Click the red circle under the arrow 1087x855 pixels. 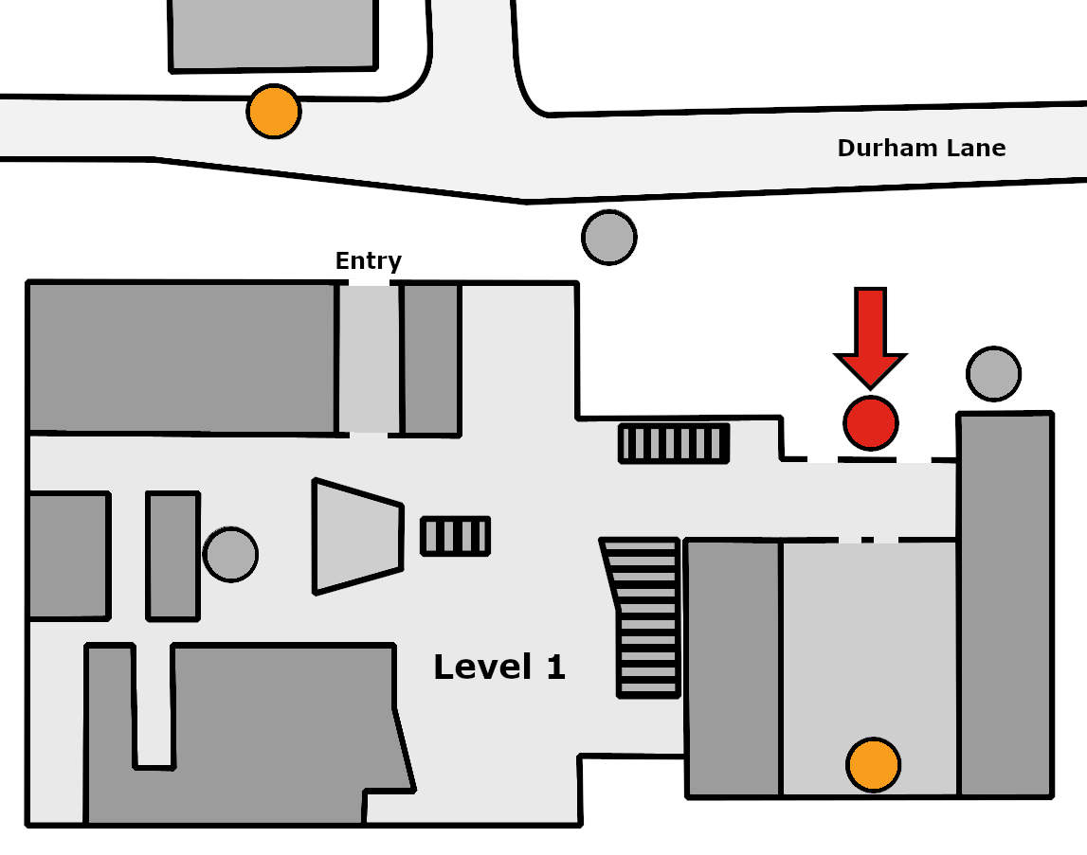click(871, 422)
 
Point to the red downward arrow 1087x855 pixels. click(870, 337)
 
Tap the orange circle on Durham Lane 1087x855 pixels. click(274, 112)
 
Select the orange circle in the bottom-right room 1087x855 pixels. click(874, 765)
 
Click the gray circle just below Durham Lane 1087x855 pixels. click(609, 237)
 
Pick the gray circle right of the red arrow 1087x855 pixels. click(993, 373)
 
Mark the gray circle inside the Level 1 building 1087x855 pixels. click(231, 554)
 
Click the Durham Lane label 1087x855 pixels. click(921, 148)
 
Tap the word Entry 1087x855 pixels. click(368, 261)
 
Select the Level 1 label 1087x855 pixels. click(499, 668)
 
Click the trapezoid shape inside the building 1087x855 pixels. click(357, 536)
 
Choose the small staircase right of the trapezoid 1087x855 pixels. click(456, 536)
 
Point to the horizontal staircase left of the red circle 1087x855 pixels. click(674, 443)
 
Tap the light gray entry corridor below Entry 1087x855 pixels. click(369, 359)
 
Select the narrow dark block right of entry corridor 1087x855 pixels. click(431, 359)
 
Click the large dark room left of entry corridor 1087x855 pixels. click(182, 358)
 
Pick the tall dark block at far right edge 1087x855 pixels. click(1005, 605)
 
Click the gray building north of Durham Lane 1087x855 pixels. click(273, 35)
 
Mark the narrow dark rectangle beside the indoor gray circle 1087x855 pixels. click(173, 556)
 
